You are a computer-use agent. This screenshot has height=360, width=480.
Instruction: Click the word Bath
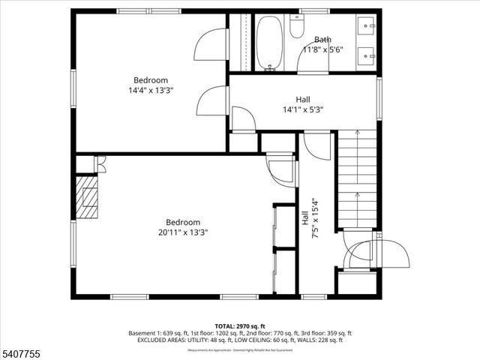pos(322,40)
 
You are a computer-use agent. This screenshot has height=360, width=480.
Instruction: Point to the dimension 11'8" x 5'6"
pos(322,49)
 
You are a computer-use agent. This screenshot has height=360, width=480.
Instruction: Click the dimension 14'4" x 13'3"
pos(151,90)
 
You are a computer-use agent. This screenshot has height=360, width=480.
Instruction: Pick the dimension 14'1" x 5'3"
pos(303,109)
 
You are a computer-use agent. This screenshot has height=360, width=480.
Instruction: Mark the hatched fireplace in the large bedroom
pos(88,197)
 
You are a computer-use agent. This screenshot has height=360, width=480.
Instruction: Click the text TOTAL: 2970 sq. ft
pos(239,325)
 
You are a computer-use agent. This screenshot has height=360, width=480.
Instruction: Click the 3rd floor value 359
pos(327,332)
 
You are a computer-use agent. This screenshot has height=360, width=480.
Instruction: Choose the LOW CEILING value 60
pos(283,340)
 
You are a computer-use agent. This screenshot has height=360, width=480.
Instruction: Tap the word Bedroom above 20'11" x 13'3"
pos(183,222)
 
